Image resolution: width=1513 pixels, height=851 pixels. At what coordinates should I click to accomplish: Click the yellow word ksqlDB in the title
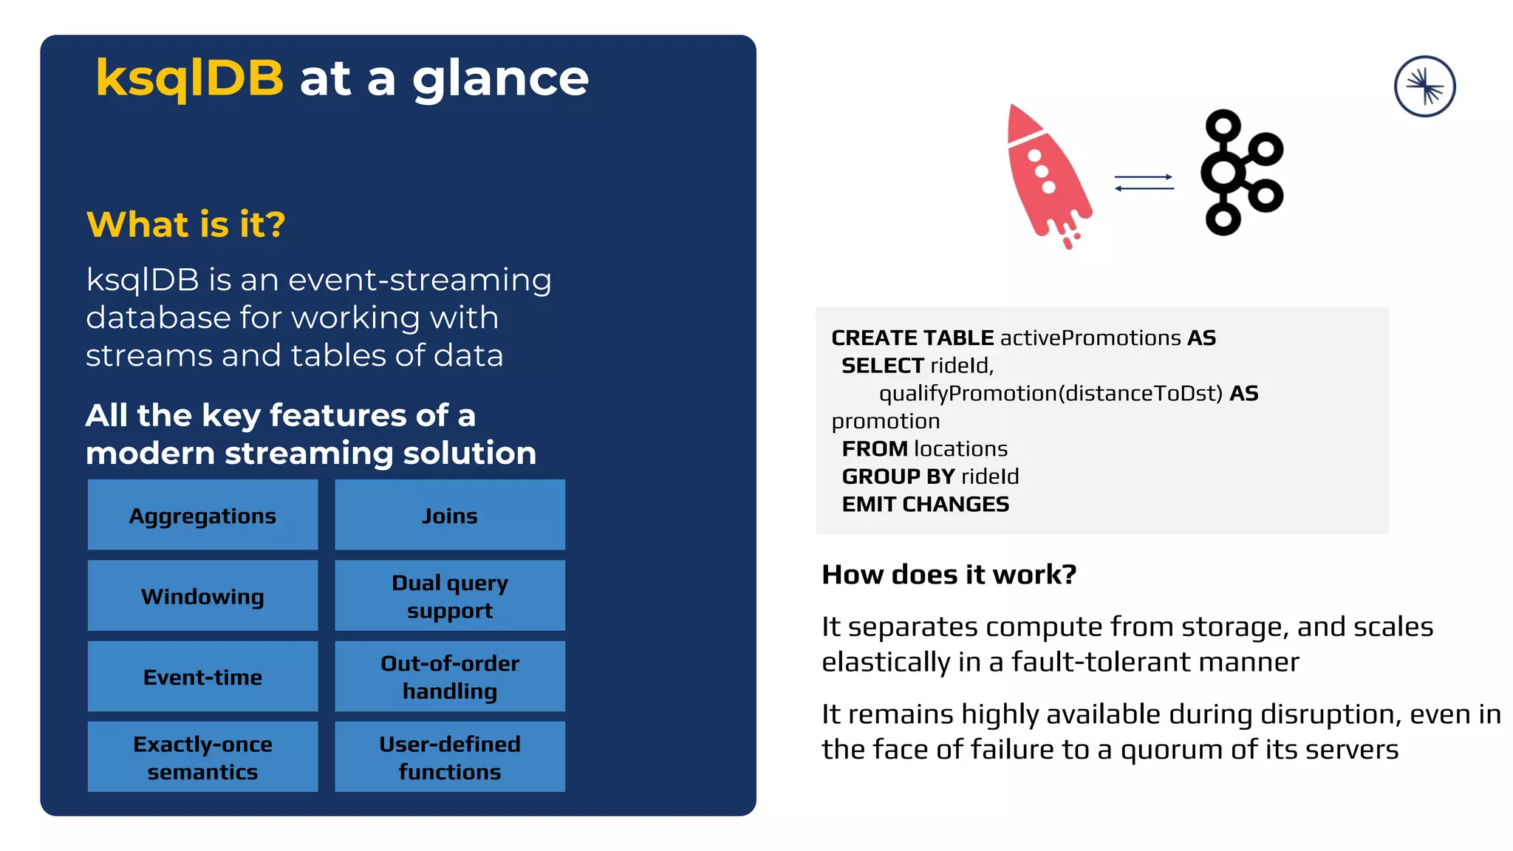189,78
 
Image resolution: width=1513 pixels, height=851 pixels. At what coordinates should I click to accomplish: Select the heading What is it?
185,225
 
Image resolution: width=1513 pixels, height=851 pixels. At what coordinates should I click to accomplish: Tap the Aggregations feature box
202,515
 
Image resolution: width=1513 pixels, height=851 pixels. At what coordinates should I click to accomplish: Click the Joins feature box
449,515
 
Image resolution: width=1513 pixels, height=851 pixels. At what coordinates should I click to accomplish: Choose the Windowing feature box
202,595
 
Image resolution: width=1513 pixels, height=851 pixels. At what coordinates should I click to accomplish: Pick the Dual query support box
449,595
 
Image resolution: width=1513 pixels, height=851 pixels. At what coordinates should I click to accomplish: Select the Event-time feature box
202,676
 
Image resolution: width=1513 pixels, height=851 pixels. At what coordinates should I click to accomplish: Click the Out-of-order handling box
449,676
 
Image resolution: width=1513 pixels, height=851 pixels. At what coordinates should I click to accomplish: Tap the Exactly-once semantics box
202,756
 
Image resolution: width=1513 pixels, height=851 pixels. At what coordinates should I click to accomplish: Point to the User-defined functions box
449,756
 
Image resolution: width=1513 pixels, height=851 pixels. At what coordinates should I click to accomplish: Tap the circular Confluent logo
1424,86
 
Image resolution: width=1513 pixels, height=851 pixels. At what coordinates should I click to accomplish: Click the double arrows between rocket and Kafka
1144,182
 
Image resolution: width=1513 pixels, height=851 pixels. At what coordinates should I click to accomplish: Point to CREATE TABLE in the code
912,338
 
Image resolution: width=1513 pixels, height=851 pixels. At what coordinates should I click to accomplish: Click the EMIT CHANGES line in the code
925,505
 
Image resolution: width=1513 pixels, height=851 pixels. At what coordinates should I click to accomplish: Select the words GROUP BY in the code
898,476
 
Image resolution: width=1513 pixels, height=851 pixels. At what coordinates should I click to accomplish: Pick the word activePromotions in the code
1090,338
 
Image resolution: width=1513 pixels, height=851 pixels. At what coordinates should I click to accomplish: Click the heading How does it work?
949,575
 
